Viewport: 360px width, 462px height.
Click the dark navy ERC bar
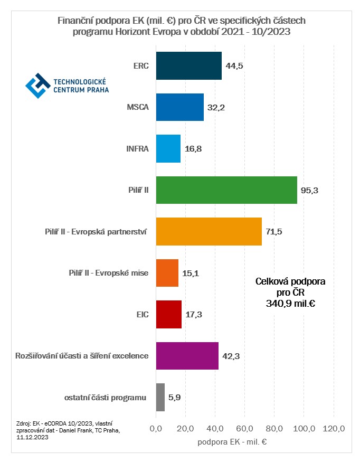[188, 65]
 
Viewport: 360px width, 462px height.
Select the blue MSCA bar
[179, 107]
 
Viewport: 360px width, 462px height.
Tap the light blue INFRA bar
[168, 148]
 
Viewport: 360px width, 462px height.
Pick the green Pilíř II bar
[226, 190]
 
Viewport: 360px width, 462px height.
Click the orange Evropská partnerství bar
[209, 231]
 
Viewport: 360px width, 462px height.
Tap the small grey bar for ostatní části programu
[160, 397]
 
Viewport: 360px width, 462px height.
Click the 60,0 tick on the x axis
[245, 428]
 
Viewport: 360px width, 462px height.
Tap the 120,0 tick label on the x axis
[334, 428]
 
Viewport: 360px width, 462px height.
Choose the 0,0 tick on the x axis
[156, 428]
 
